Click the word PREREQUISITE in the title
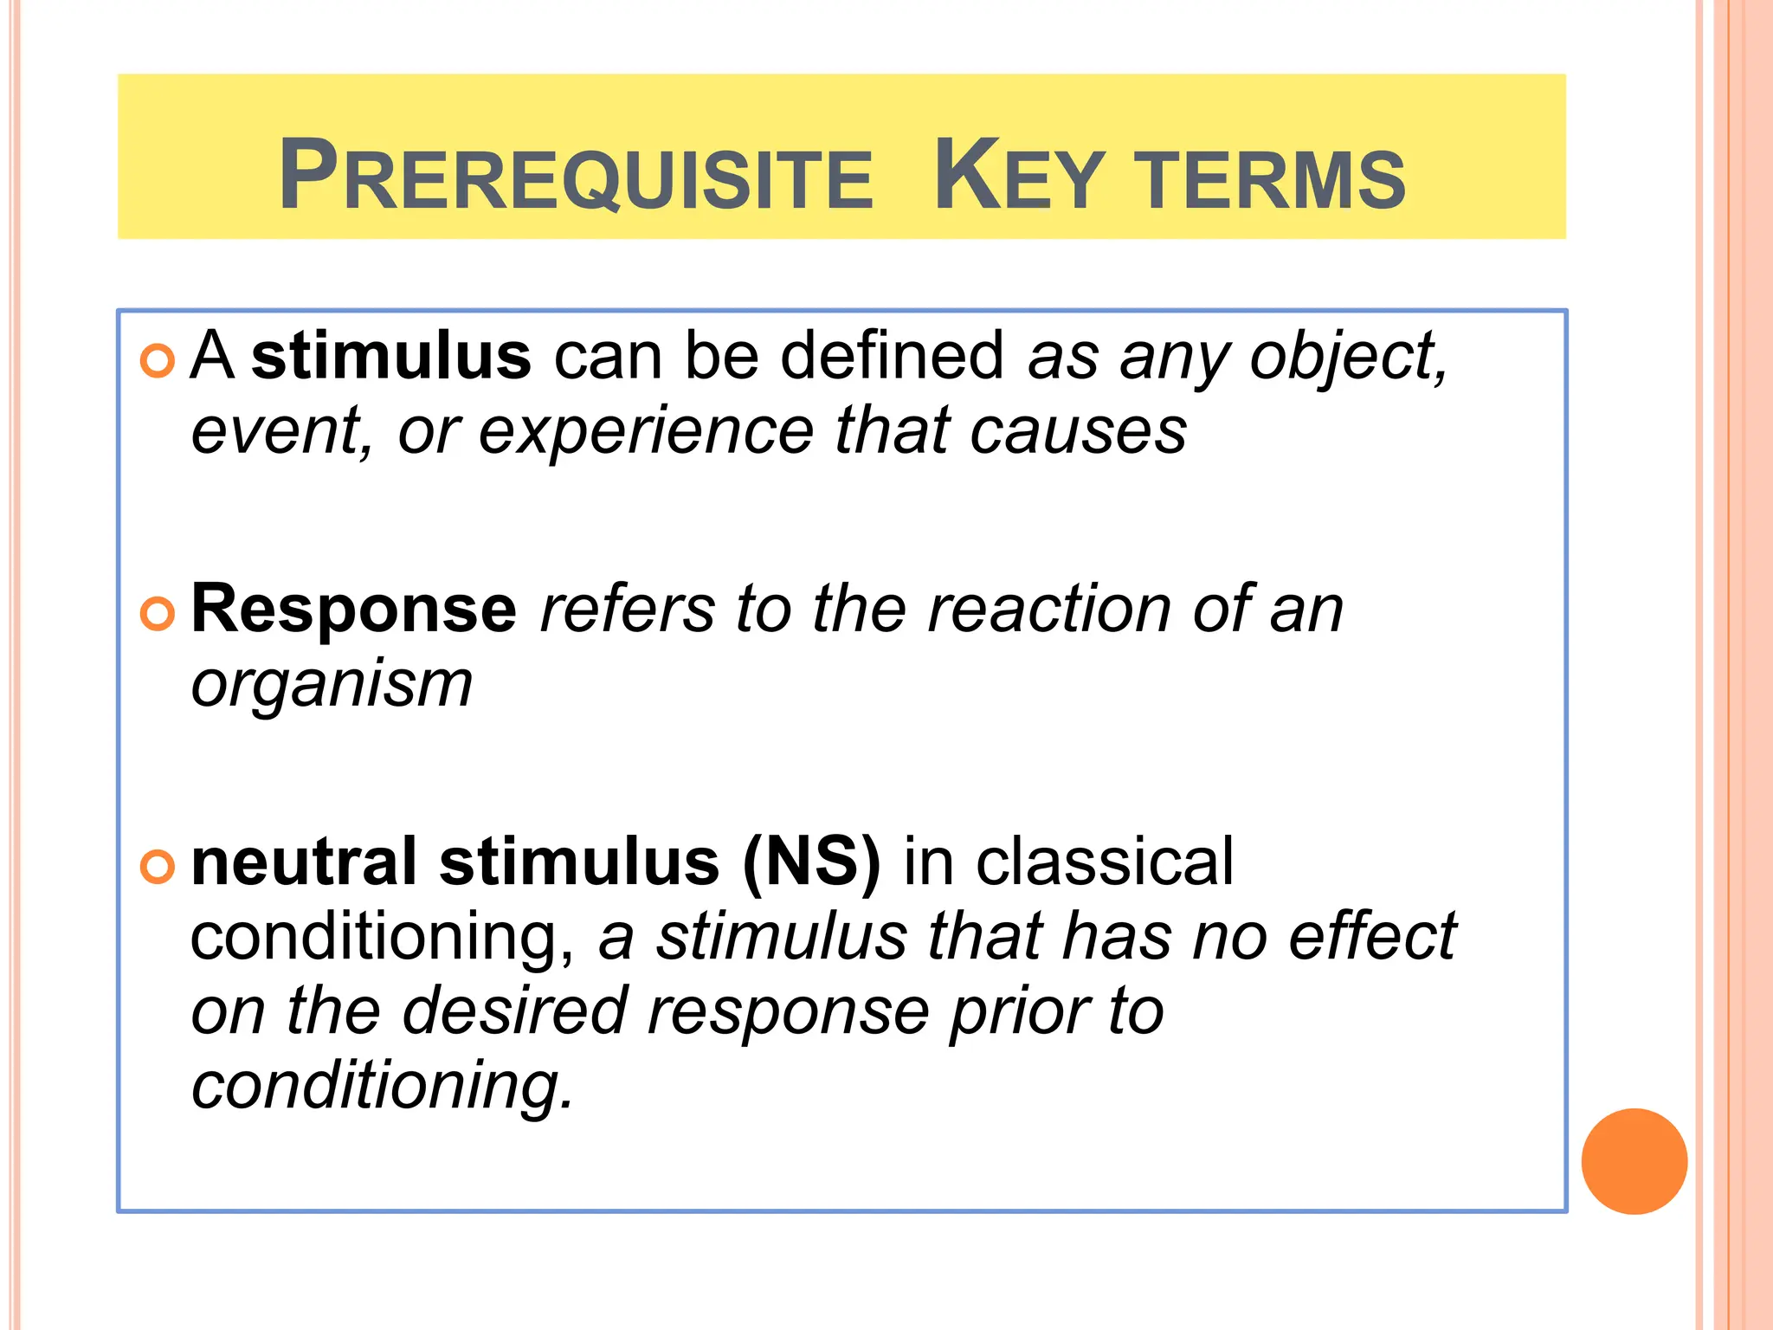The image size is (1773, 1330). pos(576,176)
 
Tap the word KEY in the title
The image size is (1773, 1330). pos(1019,176)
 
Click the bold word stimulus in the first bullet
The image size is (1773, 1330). pos(391,356)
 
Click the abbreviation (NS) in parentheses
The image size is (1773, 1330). pos(811,862)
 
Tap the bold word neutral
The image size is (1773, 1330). pos(304,862)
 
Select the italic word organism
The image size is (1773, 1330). pos(332,685)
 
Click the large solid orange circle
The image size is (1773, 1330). pos(1634,1161)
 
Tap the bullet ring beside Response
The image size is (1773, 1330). pos(158,614)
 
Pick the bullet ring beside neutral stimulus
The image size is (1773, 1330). pos(158,867)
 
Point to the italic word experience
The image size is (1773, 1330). pos(646,431)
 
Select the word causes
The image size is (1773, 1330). pos(1078,431)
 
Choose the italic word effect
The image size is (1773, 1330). pos(1372,937)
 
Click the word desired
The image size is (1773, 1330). pos(516,1011)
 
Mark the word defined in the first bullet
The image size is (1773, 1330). pos(892,356)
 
